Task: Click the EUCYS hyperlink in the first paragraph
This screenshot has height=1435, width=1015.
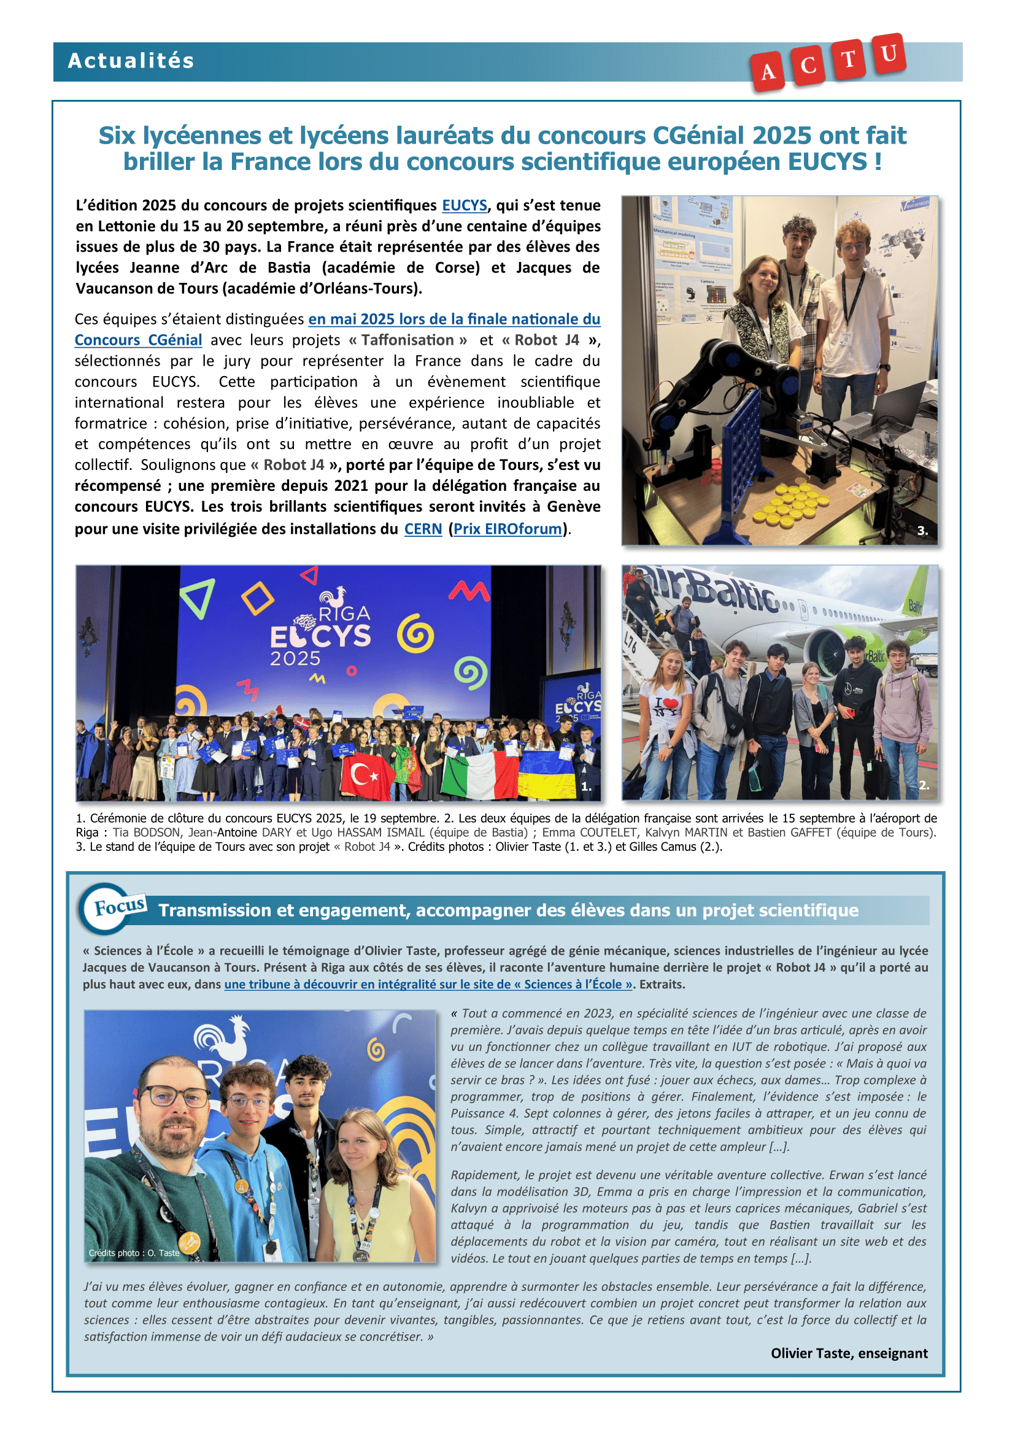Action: tap(465, 205)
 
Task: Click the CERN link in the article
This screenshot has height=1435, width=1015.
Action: tap(422, 529)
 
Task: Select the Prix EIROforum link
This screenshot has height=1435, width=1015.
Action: tap(507, 529)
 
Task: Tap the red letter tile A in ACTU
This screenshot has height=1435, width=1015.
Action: tap(768, 72)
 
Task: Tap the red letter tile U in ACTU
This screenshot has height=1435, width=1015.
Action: tap(889, 55)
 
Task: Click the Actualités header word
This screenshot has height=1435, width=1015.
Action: tap(131, 61)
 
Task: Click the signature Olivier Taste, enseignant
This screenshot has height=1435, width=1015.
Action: tap(849, 1353)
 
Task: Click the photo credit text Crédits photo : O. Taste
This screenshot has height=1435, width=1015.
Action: tap(134, 1253)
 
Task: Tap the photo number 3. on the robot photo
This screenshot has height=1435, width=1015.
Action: tap(922, 531)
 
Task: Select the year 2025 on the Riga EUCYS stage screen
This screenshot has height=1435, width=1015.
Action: tap(295, 658)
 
